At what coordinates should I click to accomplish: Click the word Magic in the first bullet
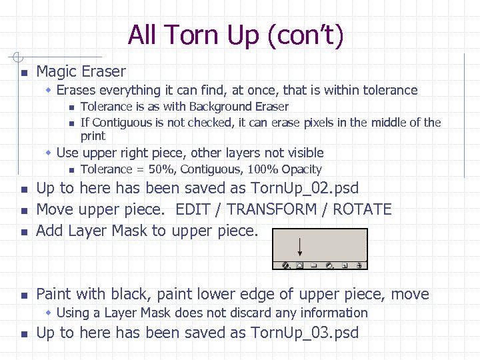55,71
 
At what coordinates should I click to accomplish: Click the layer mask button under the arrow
300,265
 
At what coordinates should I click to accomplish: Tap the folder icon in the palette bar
314,265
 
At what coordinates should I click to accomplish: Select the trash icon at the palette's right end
359,265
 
